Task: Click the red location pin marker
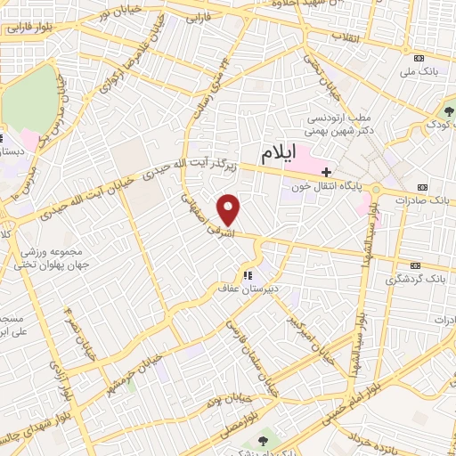tap(230, 210)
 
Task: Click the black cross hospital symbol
tap(327, 171)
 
